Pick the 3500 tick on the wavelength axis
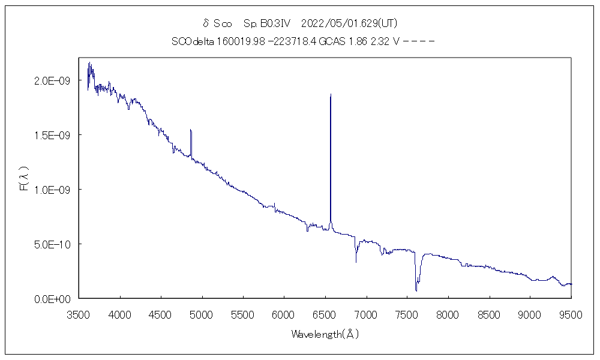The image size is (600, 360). coord(79,313)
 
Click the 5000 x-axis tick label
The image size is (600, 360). coord(202,313)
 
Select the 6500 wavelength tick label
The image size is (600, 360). coord(325,313)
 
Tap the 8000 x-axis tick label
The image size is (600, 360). coord(448,313)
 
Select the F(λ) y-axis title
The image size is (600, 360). coord(25,181)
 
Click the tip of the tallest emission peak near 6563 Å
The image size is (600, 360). coord(331,94)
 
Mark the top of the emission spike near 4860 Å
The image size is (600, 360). coord(191,130)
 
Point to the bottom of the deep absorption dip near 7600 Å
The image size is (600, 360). coord(416,291)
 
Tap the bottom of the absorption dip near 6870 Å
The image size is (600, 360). coord(356,262)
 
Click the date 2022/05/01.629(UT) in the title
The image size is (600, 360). coord(349,23)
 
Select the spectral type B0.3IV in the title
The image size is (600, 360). coord(267,23)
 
